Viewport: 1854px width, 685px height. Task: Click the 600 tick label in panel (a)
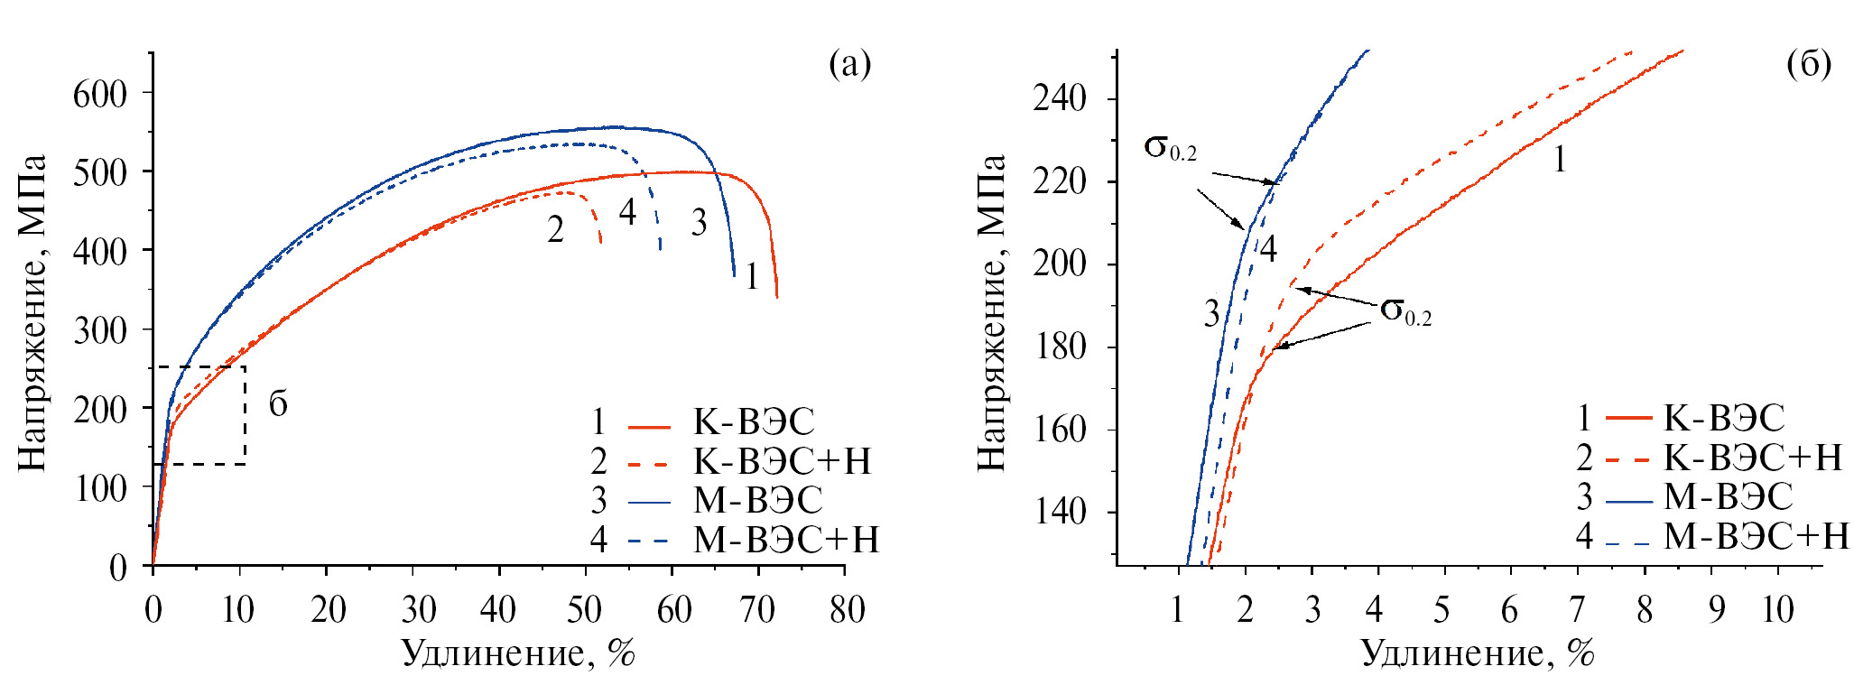(x=99, y=94)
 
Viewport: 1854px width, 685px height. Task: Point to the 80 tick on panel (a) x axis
(x=846, y=611)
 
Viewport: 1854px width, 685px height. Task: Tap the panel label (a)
(x=849, y=65)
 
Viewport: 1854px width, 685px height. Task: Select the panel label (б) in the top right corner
(x=1808, y=65)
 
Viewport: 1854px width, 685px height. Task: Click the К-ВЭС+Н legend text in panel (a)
(x=782, y=461)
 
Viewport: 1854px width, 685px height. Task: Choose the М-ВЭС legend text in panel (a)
(x=757, y=500)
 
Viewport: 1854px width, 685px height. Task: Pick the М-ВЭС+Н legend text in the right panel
(x=1756, y=537)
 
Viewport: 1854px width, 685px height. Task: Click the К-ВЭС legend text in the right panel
(x=1724, y=419)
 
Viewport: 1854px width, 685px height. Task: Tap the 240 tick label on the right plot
(x=1060, y=98)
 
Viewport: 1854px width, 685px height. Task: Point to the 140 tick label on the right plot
(x=1060, y=512)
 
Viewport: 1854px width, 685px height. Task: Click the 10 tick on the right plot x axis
(x=1777, y=611)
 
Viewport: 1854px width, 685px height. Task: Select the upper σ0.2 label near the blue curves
(x=1170, y=148)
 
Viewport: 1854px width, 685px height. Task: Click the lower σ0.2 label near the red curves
(x=1405, y=311)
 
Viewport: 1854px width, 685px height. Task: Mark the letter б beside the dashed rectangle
(x=278, y=404)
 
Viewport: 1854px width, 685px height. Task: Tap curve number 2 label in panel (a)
(x=555, y=230)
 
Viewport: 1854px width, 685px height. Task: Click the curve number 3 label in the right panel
(x=1211, y=314)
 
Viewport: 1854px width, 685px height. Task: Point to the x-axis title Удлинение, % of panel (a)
(x=518, y=653)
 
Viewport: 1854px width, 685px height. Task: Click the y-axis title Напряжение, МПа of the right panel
(x=991, y=311)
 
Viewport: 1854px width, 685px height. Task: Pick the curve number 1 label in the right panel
(x=1559, y=160)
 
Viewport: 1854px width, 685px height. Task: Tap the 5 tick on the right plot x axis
(x=1441, y=611)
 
